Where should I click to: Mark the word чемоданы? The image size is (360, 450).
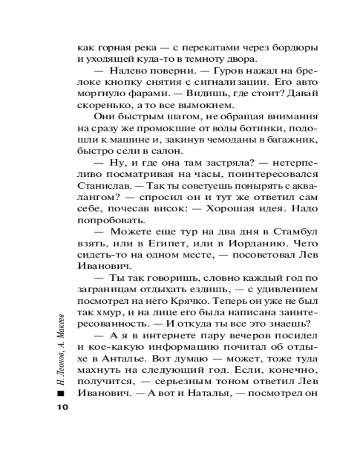(223, 139)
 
